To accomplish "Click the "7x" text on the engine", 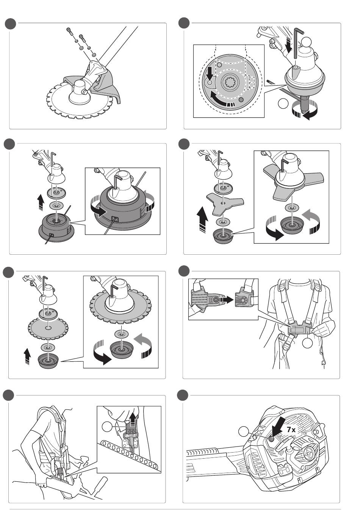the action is [291, 429].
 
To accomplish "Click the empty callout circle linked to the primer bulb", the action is [244, 431].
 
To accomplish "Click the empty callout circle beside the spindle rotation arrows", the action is [283, 103].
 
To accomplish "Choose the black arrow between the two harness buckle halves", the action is [227, 300].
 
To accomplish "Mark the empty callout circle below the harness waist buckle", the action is [307, 343].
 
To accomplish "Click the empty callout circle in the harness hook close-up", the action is [106, 426].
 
